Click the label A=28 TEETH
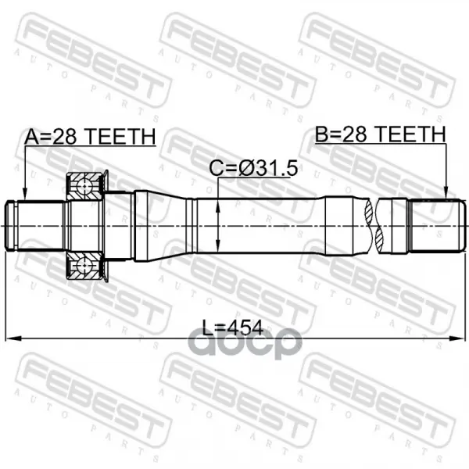[x=90, y=136]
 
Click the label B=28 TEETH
[x=380, y=134]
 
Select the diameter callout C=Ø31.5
[x=253, y=168]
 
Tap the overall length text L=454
[x=233, y=328]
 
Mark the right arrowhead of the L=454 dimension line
[x=458, y=338]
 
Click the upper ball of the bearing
[x=85, y=187]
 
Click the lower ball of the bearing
[x=85, y=266]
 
